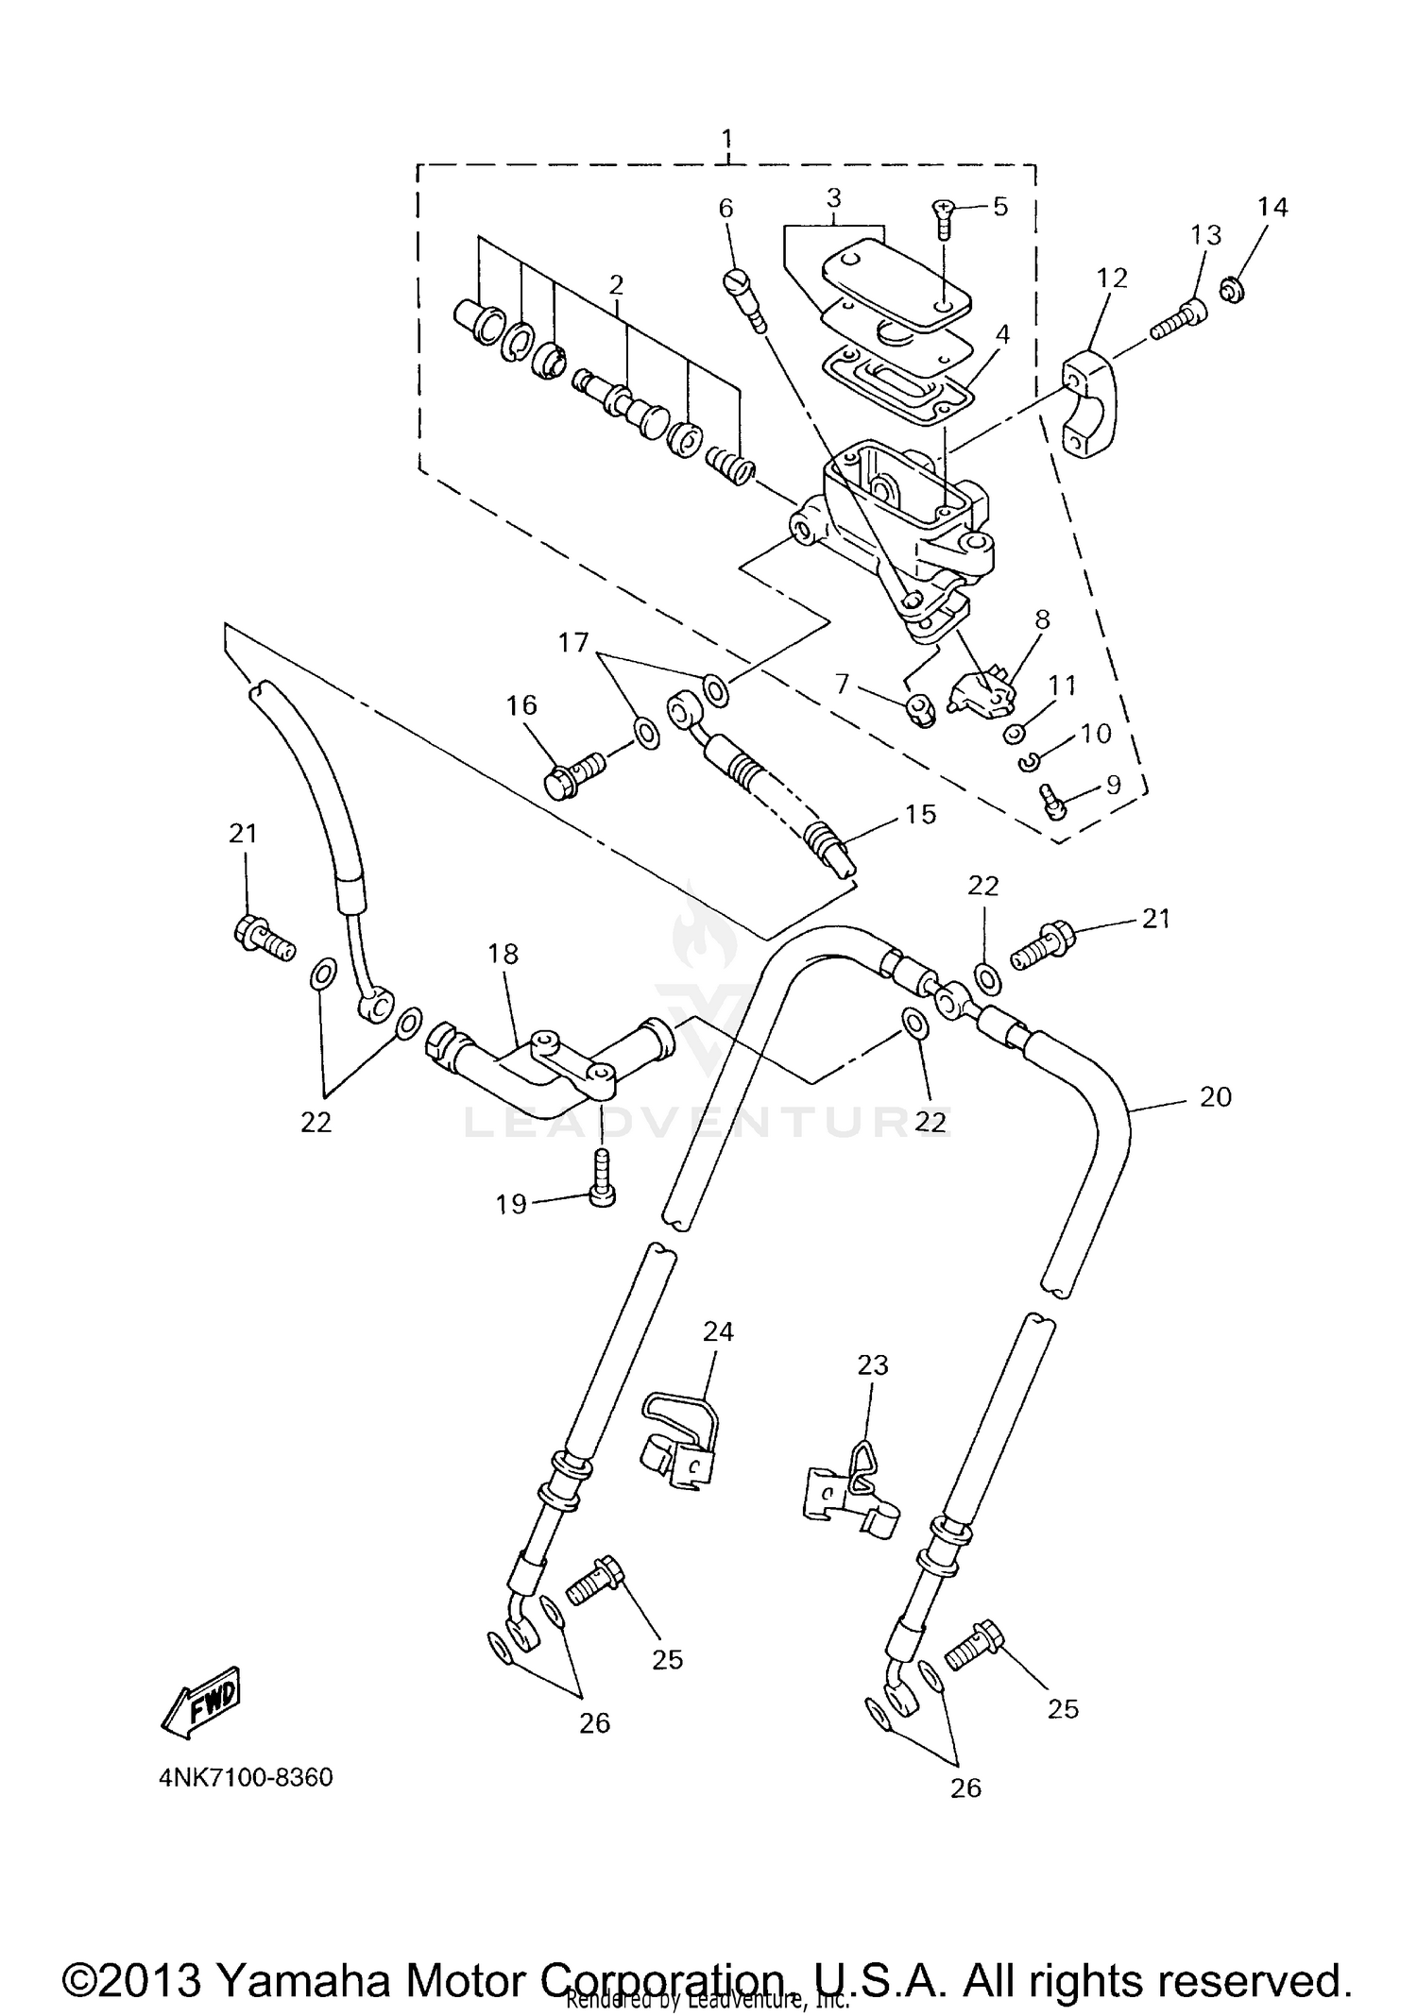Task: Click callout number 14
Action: (1272, 207)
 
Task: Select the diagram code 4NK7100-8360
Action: (246, 1778)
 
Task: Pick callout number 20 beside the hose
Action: (1215, 1097)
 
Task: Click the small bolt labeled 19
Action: (603, 1180)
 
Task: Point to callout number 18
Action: (504, 954)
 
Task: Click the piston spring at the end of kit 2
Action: (730, 464)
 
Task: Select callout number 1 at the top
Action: (726, 142)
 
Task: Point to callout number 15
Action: (920, 814)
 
